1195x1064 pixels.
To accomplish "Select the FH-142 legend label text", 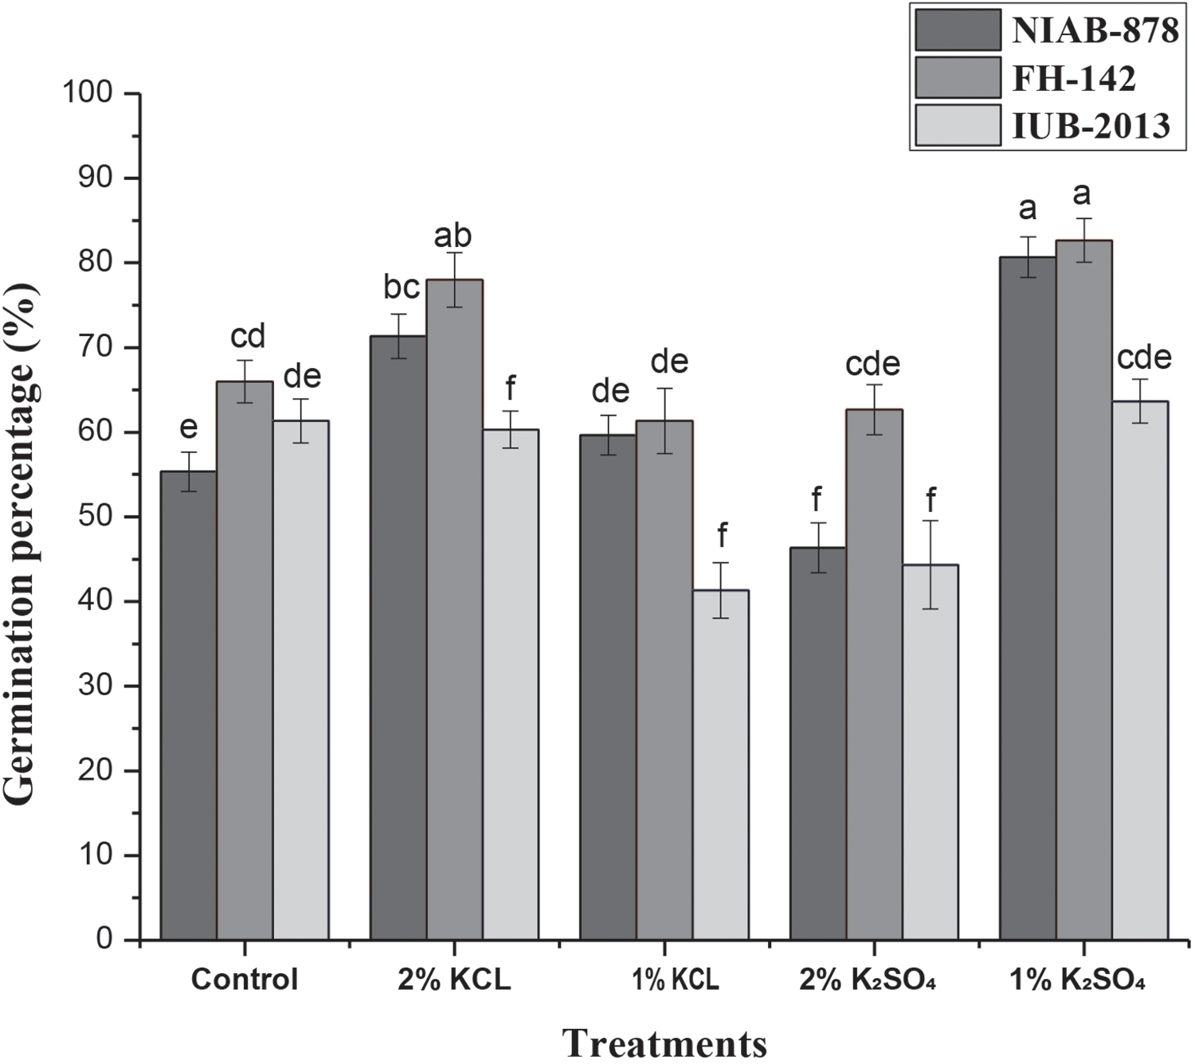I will pos(1074,78).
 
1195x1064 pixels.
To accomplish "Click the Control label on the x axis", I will pos(245,979).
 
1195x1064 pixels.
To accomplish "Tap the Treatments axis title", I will pos(664,1042).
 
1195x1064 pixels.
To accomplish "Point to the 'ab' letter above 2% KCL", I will pos(453,236).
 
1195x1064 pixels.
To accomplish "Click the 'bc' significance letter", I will pos(402,288).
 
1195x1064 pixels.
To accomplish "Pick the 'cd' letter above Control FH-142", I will pos(247,337).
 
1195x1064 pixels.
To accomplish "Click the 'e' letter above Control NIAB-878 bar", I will pos(188,428).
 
